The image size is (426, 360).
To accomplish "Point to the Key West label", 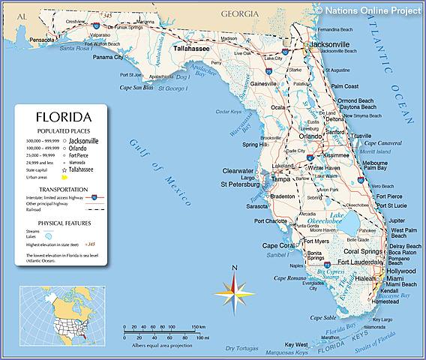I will click(x=296, y=343).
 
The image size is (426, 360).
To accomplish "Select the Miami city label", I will click(x=395, y=277).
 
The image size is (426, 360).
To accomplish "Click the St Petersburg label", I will click(x=240, y=183).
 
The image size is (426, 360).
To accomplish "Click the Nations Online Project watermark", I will click(x=369, y=10).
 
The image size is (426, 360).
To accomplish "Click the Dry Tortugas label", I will click(x=238, y=348).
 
